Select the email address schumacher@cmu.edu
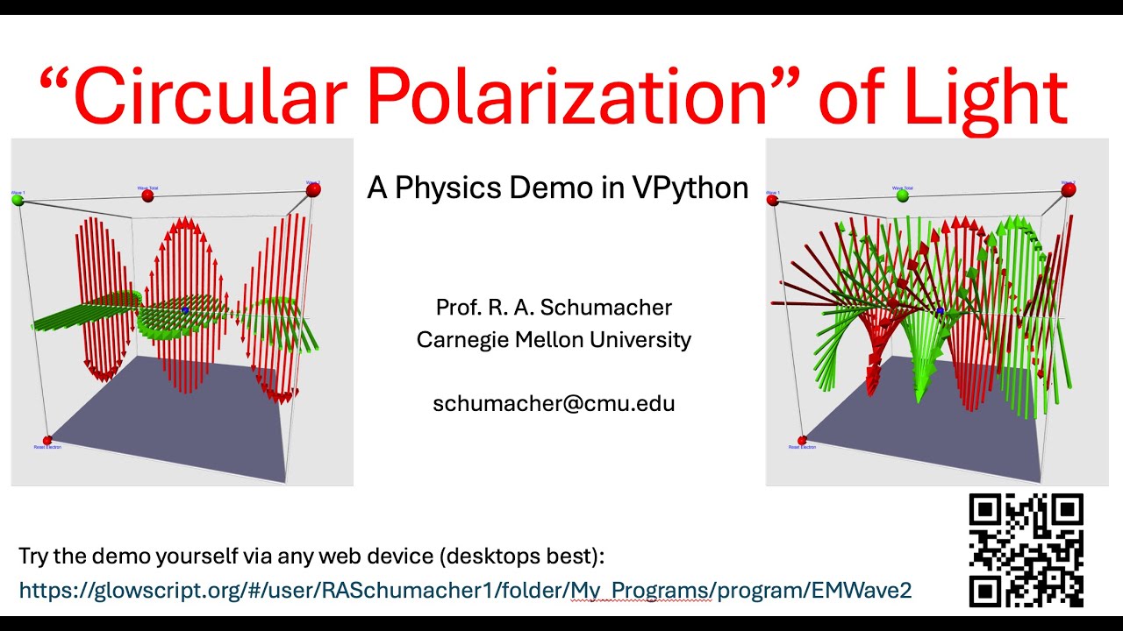pos(554,403)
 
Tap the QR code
pos(1026,549)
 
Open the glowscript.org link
pos(465,591)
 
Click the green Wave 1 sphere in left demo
pos(18,201)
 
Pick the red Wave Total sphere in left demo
pos(147,196)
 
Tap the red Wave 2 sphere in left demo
pos(313,189)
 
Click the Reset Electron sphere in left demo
pos(47,441)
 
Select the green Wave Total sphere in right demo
pos(903,196)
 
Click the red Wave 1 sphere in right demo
pos(773,201)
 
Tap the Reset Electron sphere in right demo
pos(802,441)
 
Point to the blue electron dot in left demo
pos(185,310)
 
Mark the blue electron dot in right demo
pos(940,311)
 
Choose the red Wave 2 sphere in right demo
pos(1068,189)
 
